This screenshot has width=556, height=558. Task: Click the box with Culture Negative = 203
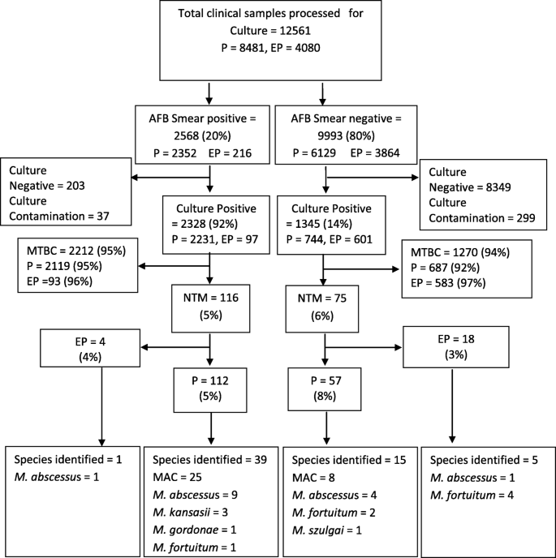[x=66, y=191]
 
